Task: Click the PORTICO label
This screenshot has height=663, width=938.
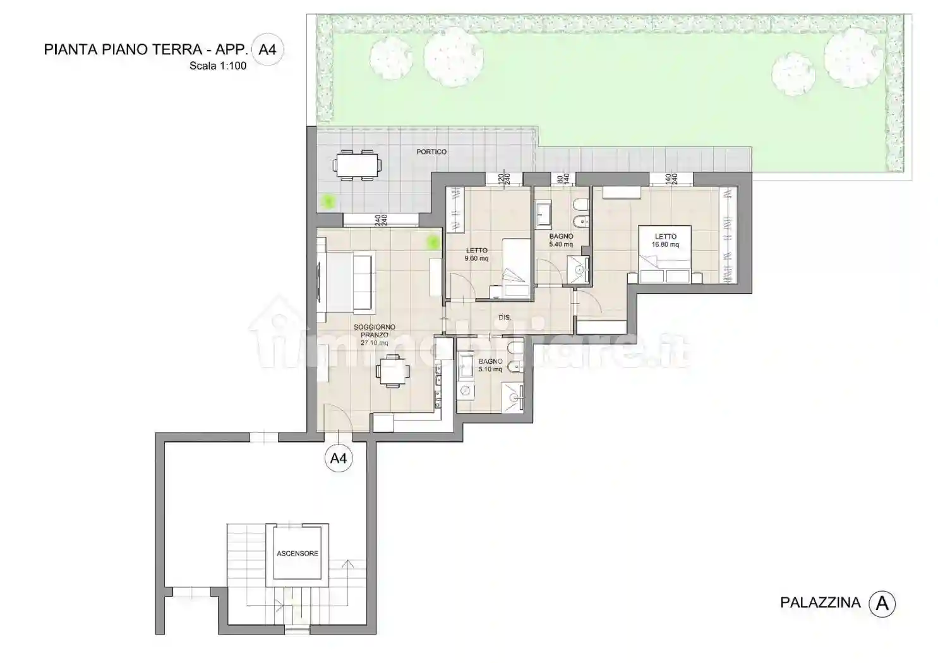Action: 431,152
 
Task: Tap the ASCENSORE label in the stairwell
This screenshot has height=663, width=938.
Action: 298,554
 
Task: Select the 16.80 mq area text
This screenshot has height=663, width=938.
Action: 666,245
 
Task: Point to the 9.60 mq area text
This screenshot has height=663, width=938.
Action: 476,259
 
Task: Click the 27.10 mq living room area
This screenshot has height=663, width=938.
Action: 375,343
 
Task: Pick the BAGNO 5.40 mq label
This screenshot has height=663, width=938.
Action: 561,240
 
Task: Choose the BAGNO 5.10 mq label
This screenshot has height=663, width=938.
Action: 490,366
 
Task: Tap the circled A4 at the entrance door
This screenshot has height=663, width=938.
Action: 339,458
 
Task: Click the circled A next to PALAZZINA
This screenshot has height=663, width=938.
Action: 882,604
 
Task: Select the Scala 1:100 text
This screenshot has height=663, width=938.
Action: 218,65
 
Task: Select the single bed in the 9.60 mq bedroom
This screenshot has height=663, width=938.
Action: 515,268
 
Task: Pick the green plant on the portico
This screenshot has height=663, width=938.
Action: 327,202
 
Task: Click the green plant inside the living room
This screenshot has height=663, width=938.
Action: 433,241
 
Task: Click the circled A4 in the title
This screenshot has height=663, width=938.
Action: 268,50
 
